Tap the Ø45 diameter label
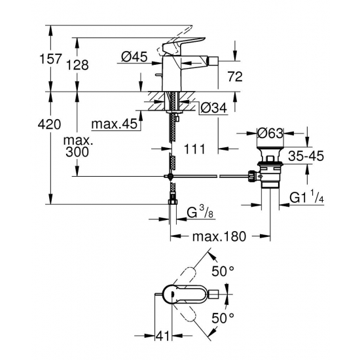(134, 57)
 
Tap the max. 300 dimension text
(79, 147)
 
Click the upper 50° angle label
(223, 270)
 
